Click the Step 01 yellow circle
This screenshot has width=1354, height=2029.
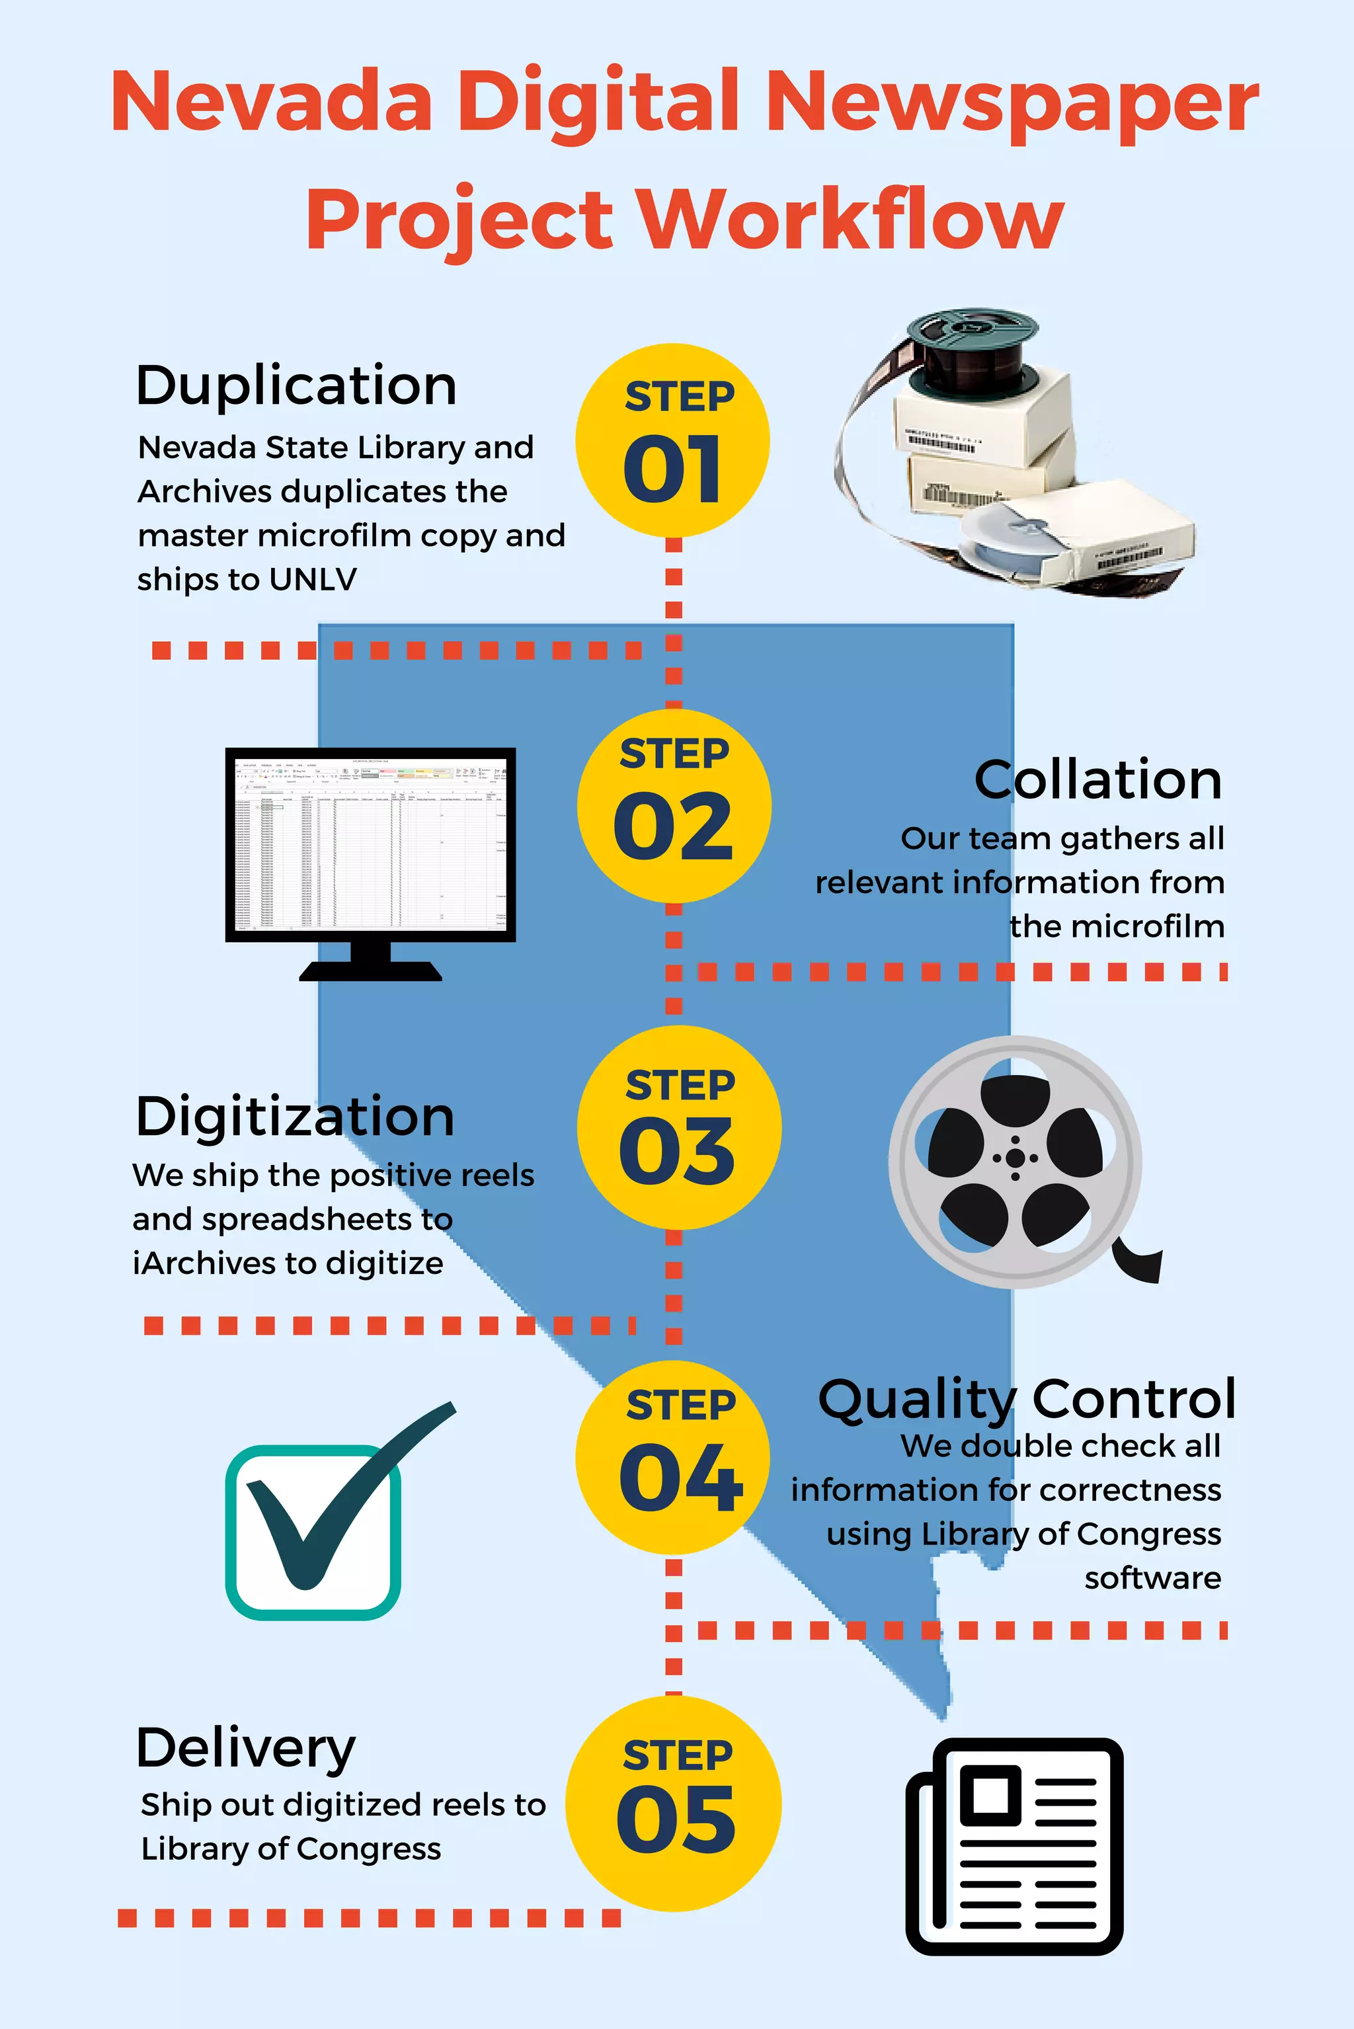[x=672, y=440]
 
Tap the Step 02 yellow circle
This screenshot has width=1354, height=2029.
[x=674, y=805]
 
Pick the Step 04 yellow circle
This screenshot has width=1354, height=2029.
[x=672, y=1458]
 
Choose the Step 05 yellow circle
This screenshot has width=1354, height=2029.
[x=674, y=1804]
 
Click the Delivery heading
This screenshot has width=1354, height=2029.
[x=246, y=1749]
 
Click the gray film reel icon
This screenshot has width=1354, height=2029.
[x=1015, y=1162]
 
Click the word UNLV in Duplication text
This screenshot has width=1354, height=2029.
[x=313, y=579]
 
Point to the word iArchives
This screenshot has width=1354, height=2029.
[x=203, y=1263]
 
